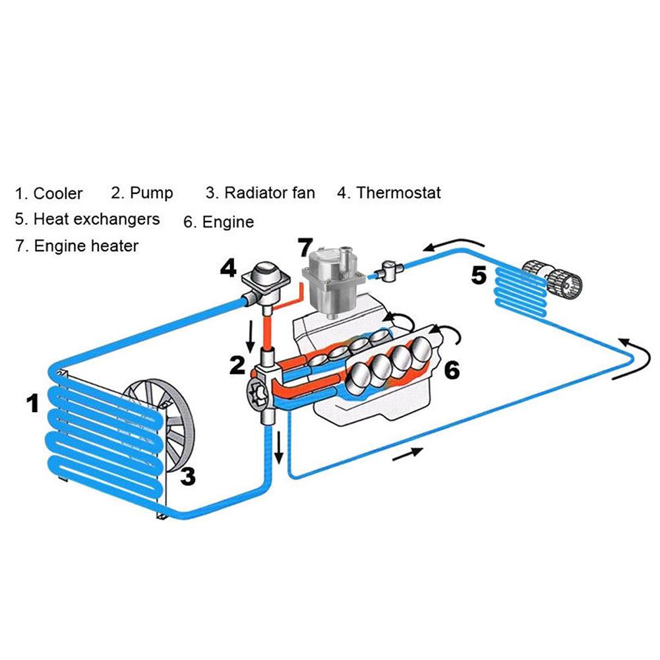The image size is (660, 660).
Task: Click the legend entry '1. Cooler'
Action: tap(49, 193)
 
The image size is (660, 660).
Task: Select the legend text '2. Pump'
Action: tap(142, 193)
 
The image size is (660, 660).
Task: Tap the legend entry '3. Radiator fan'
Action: tap(260, 193)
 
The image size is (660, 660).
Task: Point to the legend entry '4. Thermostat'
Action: tap(389, 193)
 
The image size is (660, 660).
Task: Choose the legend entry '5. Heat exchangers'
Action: tap(87, 218)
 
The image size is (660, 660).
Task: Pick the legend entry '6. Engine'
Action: tap(218, 222)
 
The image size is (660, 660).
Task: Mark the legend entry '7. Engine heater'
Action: tap(76, 246)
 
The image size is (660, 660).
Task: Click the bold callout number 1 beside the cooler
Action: tap(33, 402)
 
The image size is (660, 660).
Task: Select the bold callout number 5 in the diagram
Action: tap(479, 275)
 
